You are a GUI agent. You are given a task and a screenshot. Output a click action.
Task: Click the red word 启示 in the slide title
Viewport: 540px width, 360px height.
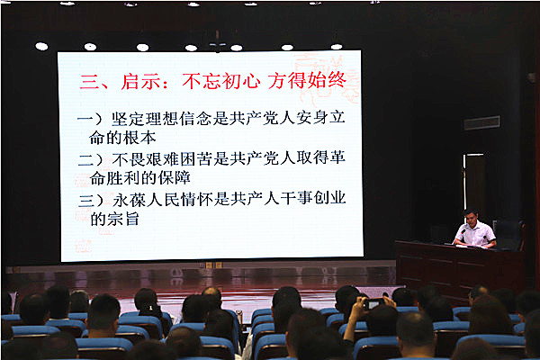(x=140, y=82)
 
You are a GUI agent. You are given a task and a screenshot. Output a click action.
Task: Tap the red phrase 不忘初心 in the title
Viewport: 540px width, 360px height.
(x=221, y=81)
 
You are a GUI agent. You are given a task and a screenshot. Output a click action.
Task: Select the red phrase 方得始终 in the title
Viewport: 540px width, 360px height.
(x=307, y=81)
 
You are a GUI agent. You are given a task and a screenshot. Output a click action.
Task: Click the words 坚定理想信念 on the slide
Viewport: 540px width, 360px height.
(x=161, y=119)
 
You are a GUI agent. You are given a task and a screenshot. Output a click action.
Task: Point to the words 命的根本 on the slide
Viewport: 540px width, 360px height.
(x=122, y=138)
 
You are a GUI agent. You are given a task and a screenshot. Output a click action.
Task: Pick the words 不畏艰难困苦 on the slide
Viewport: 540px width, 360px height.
(x=161, y=158)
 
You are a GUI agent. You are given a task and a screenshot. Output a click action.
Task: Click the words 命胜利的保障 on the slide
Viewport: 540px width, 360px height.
(x=139, y=178)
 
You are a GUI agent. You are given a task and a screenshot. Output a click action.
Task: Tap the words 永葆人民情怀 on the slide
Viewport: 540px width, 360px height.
(x=162, y=200)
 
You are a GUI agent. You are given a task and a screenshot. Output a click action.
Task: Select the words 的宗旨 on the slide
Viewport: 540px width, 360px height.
(x=114, y=219)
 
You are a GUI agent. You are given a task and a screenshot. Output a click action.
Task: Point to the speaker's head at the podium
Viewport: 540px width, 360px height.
(x=471, y=218)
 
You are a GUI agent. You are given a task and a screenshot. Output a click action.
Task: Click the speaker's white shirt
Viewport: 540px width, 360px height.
(x=475, y=234)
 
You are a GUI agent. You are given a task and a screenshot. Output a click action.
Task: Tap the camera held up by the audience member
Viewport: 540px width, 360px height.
(x=373, y=303)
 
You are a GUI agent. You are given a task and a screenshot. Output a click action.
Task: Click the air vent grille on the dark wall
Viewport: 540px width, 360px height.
(x=481, y=123)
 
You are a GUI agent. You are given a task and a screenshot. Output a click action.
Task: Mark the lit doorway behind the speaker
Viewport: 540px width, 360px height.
(x=474, y=183)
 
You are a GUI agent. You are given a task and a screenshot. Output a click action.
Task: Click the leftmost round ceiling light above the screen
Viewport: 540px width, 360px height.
(x=41, y=46)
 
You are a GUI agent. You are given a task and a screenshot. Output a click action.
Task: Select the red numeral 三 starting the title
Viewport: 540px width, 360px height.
(x=89, y=83)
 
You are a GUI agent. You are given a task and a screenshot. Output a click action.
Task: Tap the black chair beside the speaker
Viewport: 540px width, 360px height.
(x=508, y=235)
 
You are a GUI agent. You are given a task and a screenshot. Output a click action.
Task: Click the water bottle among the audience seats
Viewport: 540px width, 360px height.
(x=239, y=318)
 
